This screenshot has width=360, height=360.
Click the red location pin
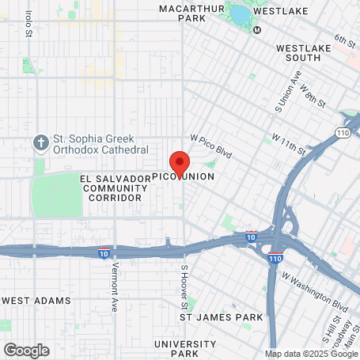click(179, 162)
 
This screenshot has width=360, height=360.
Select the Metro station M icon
click(257, 30)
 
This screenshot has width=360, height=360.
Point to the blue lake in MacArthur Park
click(239, 14)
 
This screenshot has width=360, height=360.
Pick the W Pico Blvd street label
click(210, 146)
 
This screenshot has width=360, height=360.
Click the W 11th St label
click(288, 142)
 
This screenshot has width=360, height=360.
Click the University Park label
click(185, 348)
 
